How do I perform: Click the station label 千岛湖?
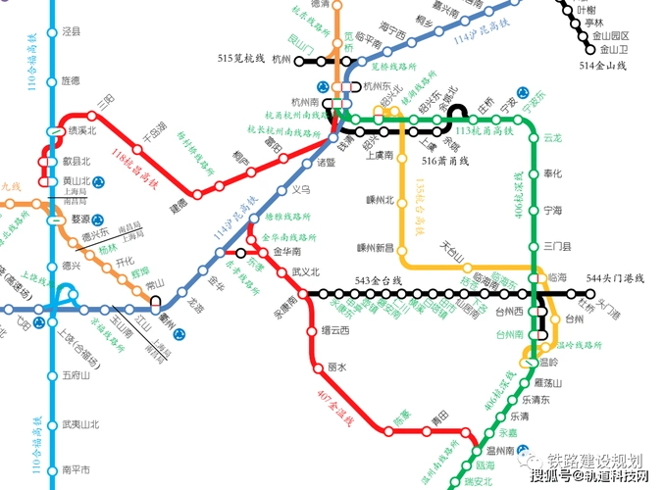point(155,128)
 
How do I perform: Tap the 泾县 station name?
point(72,32)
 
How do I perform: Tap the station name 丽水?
point(337,367)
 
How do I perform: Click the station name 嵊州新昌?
point(375,247)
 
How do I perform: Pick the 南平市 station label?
point(76,469)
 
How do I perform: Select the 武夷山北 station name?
point(80,424)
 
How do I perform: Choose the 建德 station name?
point(179,208)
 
